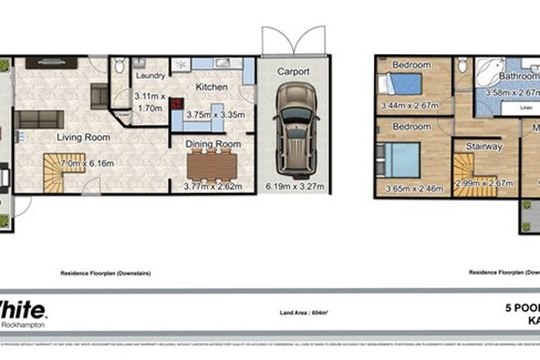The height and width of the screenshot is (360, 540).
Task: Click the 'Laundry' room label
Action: pos(150,79)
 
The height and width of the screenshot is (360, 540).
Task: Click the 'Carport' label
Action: pos(293,72)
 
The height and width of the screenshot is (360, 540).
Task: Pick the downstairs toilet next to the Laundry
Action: pos(119,65)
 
